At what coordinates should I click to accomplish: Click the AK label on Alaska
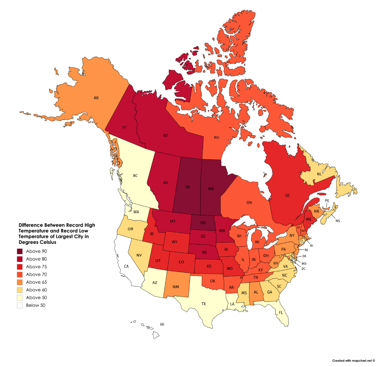pyautogui.click(x=96, y=98)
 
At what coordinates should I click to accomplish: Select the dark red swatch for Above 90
pyautogui.click(x=20, y=251)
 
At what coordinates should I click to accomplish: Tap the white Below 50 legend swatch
pyautogui.click(x=20, y=305)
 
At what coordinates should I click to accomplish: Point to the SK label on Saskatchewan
pyautogui.click(x=188, y=187)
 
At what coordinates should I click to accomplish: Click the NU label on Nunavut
pyautogui.click(x=217, y=137)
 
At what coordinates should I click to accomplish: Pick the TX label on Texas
pyautogui.click(x=203, y=304)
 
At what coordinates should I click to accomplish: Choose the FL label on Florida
pyautogui.click(x=281, y=312)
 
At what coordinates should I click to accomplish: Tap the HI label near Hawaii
pyautogui.click(x=162, y=324)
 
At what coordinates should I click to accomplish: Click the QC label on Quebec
pyautogui.click(x=287, y=195)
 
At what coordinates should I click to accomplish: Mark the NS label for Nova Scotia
pyautogui.click(x=338, y=221)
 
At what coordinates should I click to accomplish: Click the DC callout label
pyautogui.click(x=303, y=269)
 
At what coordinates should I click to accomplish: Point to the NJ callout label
pyautogui.click(x=306, y=249)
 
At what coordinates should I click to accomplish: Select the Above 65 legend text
pyautogui.click(x=36, y=282)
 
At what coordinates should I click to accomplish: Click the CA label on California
pyautogui.click(x=126, y=266)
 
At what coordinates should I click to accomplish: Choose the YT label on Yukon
pyautogui.click(x=124, y=127)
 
